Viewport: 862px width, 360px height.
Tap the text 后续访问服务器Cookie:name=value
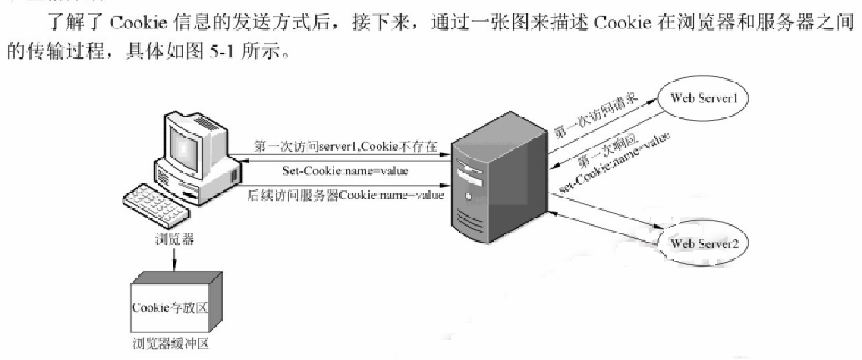tap(345, 194)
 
